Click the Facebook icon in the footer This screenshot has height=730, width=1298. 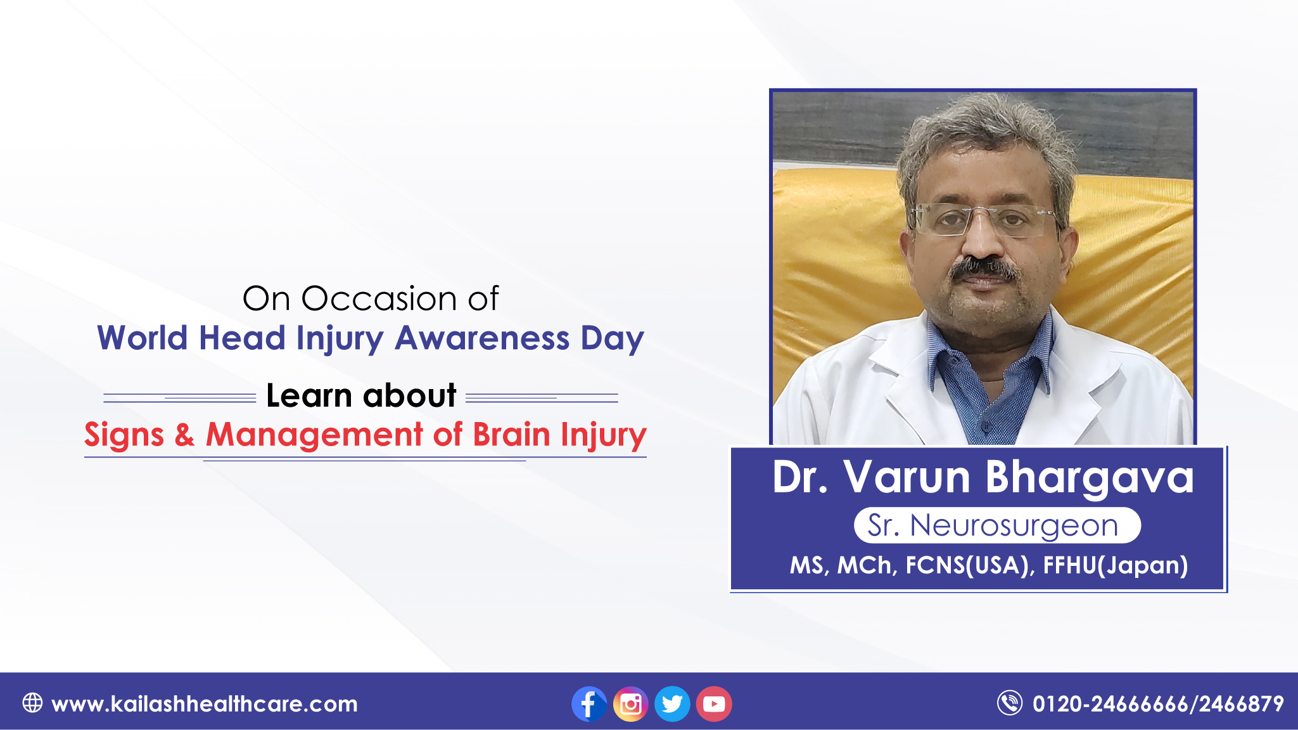(x=589, y=704)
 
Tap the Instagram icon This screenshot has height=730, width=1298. (x=630, y=704)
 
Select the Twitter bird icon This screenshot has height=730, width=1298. (x=672, y=704)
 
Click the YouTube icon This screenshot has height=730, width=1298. (x=714, y=704)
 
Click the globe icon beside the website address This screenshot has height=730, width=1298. (x=32, y=703)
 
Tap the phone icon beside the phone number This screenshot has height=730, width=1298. (x=1010, y=703)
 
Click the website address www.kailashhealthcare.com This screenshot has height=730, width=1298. (x=205, y=704)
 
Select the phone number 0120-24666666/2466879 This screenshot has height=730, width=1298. (x=1158, y=704)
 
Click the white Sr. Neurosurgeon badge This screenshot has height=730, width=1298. (x=997, y=525)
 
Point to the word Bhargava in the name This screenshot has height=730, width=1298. (x=1090, y=478)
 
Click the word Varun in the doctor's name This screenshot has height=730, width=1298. (x=907, y=477)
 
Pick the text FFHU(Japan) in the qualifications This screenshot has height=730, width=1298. (x=1115, y=565)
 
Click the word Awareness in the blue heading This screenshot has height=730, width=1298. (x=482, y=338)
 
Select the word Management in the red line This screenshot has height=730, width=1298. (x=314, y=436)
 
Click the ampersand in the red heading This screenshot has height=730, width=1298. (x=184, y=435)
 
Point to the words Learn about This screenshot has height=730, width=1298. (x=361, y=395)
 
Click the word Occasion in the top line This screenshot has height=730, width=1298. (x=379, y=298)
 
